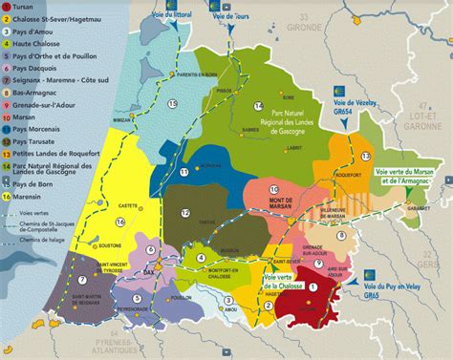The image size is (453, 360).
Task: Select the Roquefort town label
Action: [x=348, y=173]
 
